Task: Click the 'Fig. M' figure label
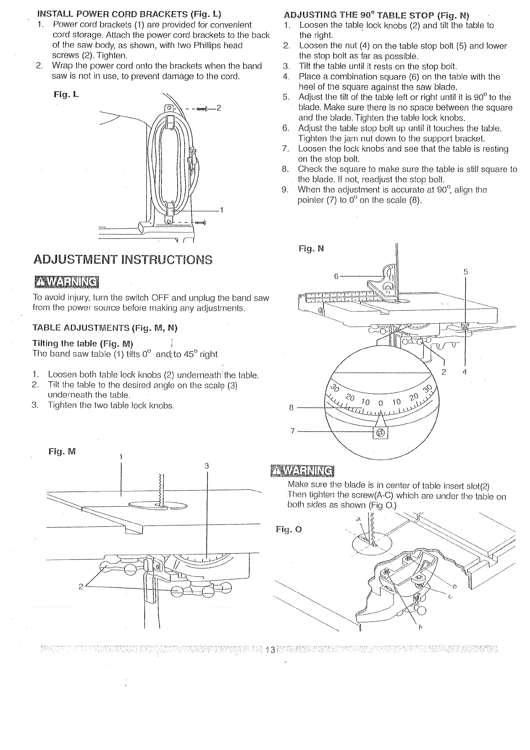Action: point(62,451)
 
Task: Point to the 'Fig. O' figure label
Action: point(289,530)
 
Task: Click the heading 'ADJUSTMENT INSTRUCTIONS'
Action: point(123,259)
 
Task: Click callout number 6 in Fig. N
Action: point(336,276)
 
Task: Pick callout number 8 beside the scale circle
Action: point(291,407)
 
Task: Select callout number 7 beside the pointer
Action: point(293,431)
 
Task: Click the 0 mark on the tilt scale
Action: point(381,403)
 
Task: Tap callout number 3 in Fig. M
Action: point(207,466)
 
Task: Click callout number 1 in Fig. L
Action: point(221,210)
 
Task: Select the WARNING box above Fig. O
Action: point(302,471)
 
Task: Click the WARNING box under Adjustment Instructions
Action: point(66,283)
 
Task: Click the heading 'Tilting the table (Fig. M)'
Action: point(83,343)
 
